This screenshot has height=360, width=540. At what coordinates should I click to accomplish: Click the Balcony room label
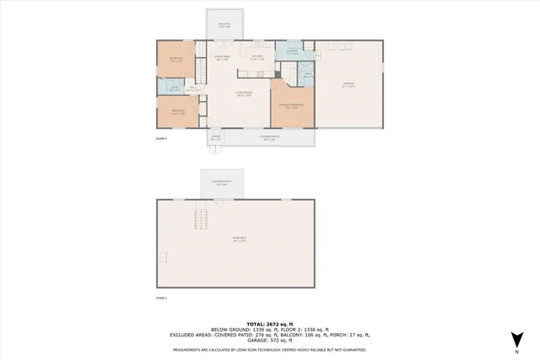coord(224,24)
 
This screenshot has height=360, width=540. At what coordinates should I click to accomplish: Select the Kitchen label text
coord(257,58)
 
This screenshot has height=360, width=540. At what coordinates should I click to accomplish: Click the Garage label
coord(348,84)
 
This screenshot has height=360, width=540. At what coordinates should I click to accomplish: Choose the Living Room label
coord(244,95)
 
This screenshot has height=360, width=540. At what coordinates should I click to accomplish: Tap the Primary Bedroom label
coord(292,107)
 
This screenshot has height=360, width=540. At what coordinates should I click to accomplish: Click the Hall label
coord(192,89)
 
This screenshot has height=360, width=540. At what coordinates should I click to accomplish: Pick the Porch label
coord(216,137)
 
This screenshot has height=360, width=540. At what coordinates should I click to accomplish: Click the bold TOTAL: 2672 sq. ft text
coord(269,323)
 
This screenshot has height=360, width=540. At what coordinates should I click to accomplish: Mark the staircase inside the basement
coord(201,221)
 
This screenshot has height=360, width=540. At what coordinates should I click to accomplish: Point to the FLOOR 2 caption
coord(162,137)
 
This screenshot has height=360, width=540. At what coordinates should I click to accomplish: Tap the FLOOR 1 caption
coord(162,298)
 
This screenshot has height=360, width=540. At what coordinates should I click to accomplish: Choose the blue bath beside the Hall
coord(175,88)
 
